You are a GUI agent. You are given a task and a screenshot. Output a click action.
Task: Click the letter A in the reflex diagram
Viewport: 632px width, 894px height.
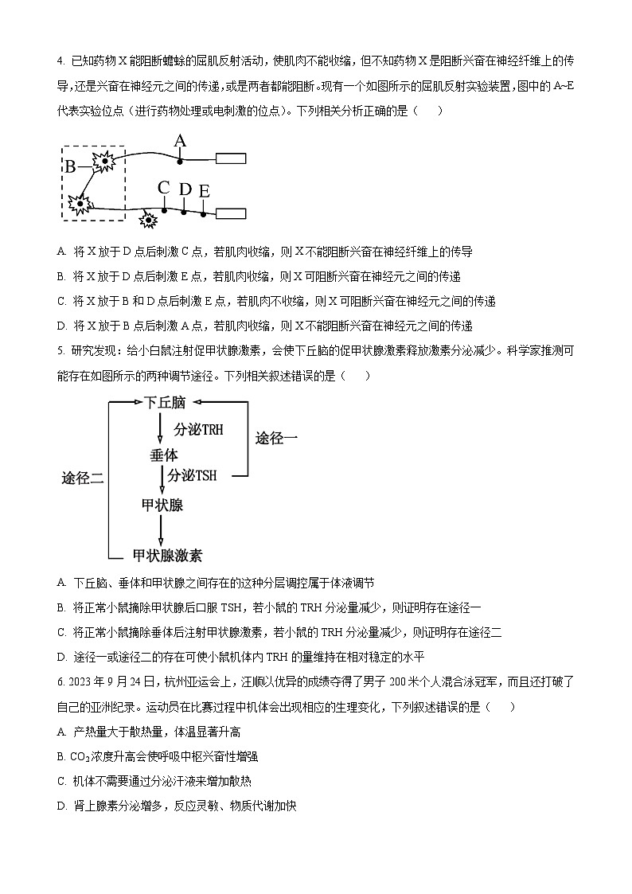[180, 142]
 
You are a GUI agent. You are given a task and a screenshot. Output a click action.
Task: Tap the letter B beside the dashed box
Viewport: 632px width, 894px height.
[70, 166]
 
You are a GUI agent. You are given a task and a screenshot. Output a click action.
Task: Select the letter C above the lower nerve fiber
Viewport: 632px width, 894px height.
[164, 188]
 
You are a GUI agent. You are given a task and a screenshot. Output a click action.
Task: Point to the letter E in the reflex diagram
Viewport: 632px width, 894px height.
[205, 191]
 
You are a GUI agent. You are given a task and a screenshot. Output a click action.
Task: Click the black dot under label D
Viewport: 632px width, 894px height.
[184, 212]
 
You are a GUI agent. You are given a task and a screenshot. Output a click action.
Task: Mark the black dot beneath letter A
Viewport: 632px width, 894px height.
[181, 161]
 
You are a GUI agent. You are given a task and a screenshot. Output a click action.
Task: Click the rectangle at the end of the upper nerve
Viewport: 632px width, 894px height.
[231, 158]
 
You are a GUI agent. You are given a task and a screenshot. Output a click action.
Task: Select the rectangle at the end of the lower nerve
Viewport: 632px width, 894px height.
[231, 213]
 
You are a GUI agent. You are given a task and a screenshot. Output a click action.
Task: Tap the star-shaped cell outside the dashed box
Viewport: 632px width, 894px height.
[148, 219]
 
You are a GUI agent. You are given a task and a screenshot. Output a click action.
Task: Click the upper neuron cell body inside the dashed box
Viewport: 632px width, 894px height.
[104, 162]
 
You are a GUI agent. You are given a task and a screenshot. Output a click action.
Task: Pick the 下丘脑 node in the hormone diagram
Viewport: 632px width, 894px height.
[165, 404]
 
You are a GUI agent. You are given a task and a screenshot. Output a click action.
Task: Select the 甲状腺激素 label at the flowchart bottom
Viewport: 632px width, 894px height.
[167, 555]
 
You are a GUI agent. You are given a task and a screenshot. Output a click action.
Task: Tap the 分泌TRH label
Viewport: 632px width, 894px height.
[199, 429]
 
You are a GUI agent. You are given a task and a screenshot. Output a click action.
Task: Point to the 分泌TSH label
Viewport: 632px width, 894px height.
[193, 475]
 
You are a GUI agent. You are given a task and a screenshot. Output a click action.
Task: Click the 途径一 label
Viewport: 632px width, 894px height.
[276, 438]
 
